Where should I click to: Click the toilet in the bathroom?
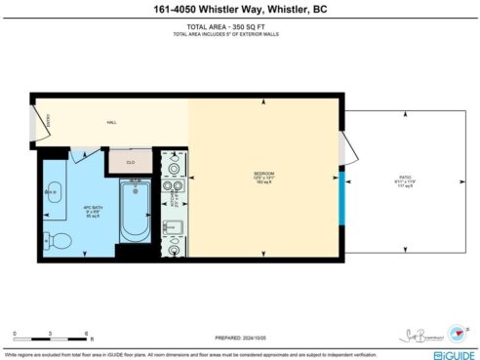[57, 240]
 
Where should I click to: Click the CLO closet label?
[129, 161]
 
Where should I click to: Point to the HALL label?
[112, 124]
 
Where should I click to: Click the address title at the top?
[239, 10]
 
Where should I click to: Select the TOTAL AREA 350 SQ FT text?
[239, 27]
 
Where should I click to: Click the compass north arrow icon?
[456, 332]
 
